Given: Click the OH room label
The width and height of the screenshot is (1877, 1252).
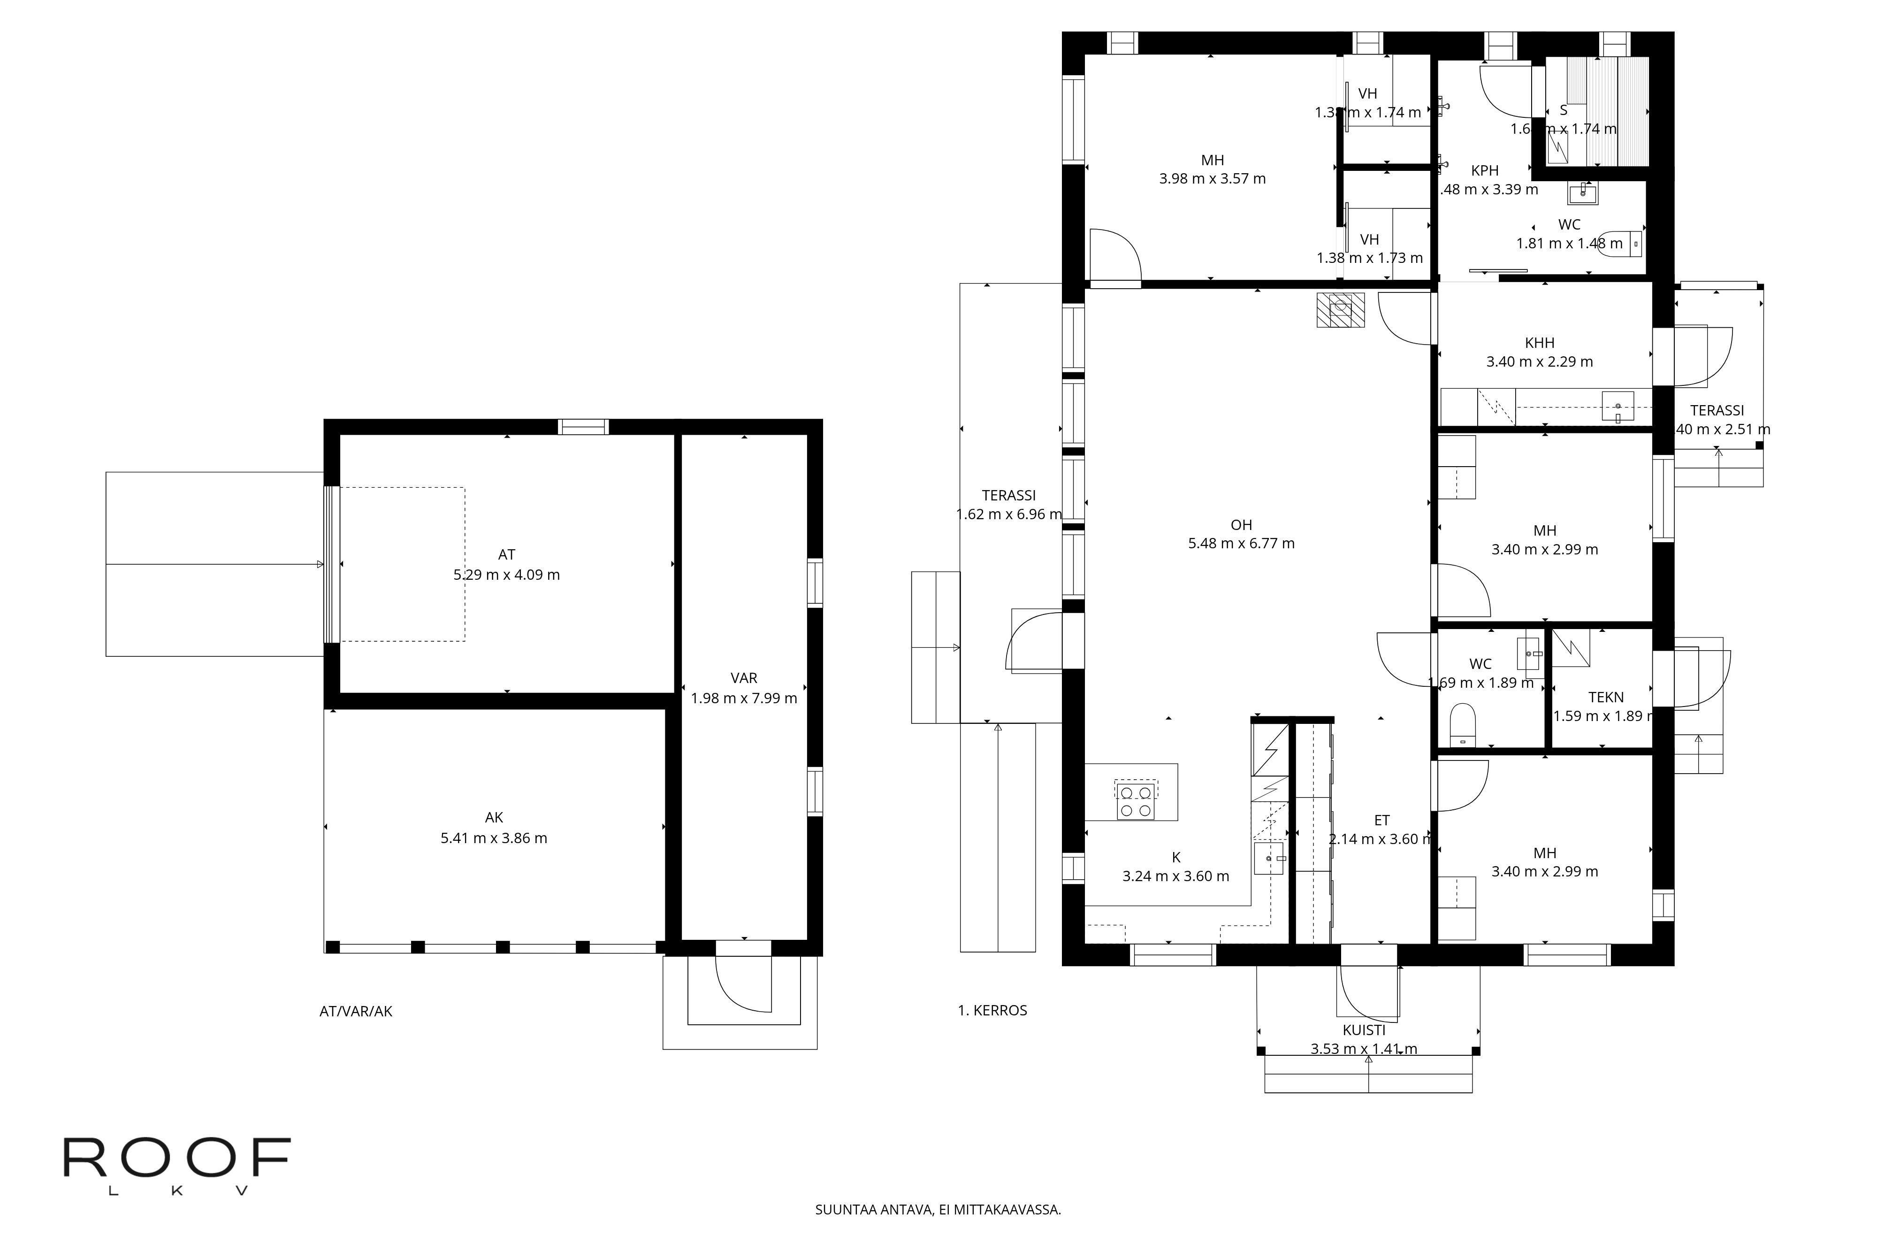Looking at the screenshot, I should tap(1241, 524).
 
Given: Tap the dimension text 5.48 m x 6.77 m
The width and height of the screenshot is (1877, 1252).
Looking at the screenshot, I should tap(1241, 544).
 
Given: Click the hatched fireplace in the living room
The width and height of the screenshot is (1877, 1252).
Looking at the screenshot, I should tap(1340, 310).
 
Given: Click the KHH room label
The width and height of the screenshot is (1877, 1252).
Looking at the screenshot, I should tap(1540, 343).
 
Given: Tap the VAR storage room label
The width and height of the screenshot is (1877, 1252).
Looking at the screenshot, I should tap(744, 678).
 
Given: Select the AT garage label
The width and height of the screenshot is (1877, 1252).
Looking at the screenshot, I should tap(507, 554).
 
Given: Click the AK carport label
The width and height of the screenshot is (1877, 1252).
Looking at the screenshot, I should tap(494, 818).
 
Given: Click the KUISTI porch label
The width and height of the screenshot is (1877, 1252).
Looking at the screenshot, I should tap(1364, 1030).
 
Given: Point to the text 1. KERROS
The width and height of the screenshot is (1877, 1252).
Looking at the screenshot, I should tap(992, 1010).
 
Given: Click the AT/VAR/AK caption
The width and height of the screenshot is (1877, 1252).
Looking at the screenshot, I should tap(356, 1011).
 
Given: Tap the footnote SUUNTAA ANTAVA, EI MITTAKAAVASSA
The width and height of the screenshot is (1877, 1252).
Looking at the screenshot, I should tap(938, 1210).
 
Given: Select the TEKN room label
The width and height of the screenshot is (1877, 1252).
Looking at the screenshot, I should tap(1606, 697).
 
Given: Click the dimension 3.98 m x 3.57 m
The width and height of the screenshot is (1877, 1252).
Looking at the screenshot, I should tap(1212, 179).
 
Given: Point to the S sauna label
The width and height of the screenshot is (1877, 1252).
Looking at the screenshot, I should tap(1564, 110).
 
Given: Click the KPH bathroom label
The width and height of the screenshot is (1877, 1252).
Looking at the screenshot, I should tap(1484, 170).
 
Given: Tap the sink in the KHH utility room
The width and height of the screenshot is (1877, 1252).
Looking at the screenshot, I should tap(1618, 407).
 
